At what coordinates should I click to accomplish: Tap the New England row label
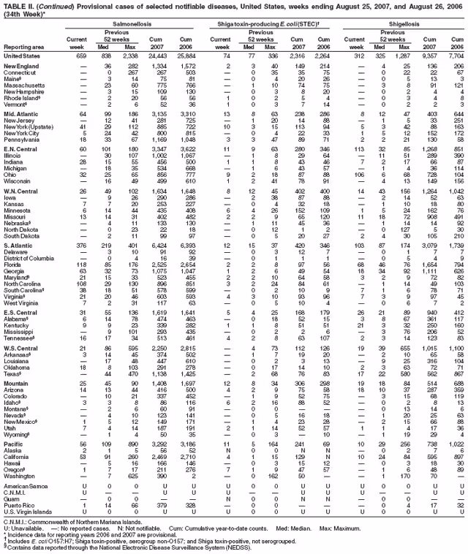point(20,67)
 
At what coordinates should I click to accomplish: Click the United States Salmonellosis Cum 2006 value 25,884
point(189,56)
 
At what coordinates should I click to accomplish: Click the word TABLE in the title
point(13,4)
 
